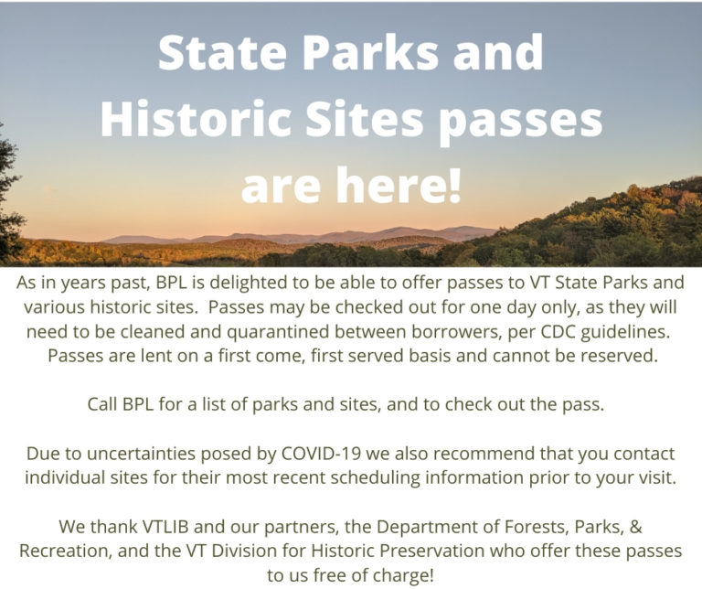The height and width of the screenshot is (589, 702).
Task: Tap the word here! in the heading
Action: click(x=399, y=184)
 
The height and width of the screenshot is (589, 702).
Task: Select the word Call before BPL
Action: click(x=102, y=404)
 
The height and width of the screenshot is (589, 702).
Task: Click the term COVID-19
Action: click(x=321, y=454)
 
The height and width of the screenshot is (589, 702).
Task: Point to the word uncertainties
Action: click(x=141, y=454)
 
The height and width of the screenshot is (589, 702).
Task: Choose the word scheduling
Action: click(x=375, y=478)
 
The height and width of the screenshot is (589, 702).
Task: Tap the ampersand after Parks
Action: click(x=636, y=527)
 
